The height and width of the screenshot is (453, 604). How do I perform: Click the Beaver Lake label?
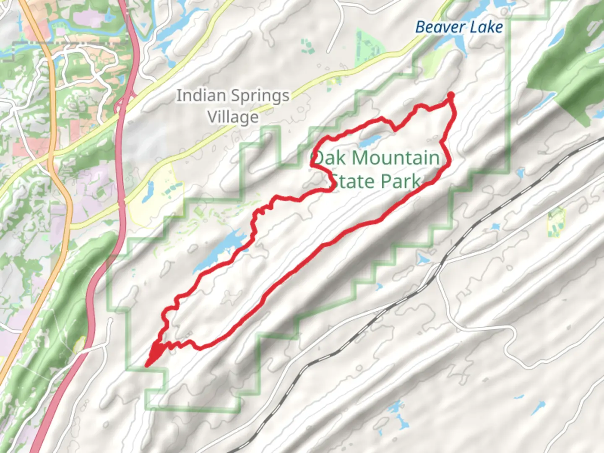(x=459, y=27)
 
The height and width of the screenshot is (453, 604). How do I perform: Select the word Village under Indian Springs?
(x=233, y=117)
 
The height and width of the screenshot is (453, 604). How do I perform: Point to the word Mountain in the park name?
(x=396, y=159)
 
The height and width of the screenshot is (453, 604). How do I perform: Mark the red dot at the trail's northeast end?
(x=450, y=96)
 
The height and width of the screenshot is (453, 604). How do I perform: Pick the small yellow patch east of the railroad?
(x=556, y=222)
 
